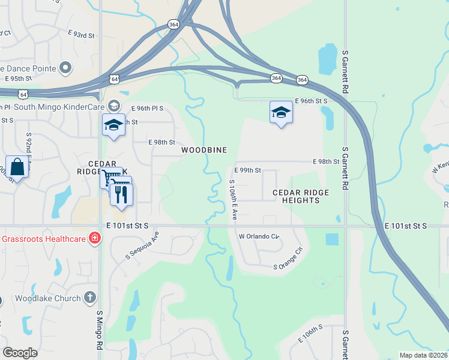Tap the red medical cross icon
pos(94,239)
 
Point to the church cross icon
pos(89,297)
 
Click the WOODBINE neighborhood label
pos(204,149)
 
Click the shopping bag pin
pos(17,167)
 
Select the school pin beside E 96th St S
pos(281,112)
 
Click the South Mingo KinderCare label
pos(57,107)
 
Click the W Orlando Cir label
pos(259,236)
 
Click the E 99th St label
pos(247,170)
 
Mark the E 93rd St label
pos(83,36)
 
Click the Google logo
pos(20,353)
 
